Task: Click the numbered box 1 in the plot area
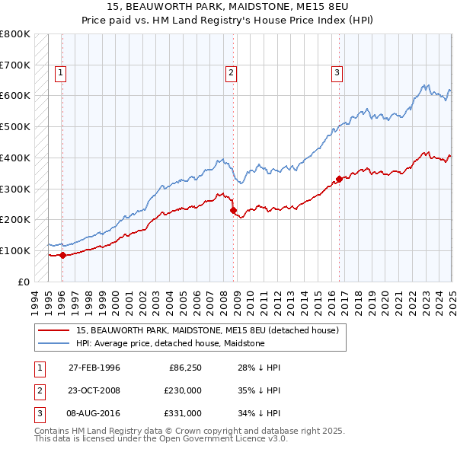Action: [x=60, y=73]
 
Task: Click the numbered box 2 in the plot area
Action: [x=231, y=73]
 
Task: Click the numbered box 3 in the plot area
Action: [x=336, y=73]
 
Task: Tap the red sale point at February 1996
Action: [x=62, y=255]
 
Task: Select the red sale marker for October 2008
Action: [x=233, y=210]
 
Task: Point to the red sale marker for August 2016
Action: [x=339, y=180]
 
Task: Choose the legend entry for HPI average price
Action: [x=169, y=343]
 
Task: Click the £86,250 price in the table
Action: [x=184, y=368]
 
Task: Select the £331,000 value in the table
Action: [x=184, y=413]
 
